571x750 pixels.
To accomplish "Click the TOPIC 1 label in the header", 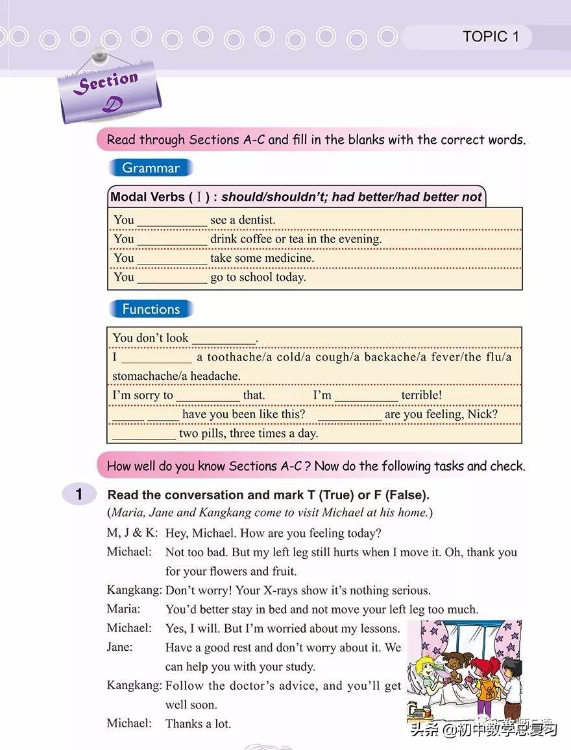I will click(x=491, y=37).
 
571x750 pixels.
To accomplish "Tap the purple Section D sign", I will click(x=109, y=91).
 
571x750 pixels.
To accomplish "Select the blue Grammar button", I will click(x=151, y=168).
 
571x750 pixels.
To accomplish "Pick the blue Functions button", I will click(x=151, y=309).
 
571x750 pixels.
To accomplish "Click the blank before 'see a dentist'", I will click(x=172, y=221).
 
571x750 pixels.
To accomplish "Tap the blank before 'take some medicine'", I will click(x=172, y=259).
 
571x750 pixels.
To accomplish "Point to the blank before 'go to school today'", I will click(x=172, y=278).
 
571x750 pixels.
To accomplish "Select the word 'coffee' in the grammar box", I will click(x=256, y=239).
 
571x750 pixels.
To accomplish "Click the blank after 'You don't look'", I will click(x=224, y=339).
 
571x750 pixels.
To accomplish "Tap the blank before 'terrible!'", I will click(x=366, y=396).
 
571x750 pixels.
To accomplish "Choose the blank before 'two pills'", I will click(x=144, y=434).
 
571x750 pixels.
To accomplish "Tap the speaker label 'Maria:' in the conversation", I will click(x=123, y=609).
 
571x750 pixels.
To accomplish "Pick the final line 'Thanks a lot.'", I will click(x=198, y=723).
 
